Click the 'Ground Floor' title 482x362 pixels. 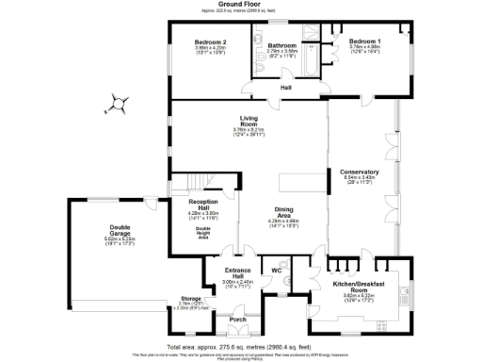coord(241,4)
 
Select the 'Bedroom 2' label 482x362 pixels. coord(210,43)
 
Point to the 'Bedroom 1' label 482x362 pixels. coord(364,41)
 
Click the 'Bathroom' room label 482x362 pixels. coord(282,45)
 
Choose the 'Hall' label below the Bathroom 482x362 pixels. coord(285,89)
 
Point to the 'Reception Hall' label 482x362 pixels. coord(204,204)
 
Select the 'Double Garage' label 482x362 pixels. coord(120,229)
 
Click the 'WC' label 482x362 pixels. coord(277,271)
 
